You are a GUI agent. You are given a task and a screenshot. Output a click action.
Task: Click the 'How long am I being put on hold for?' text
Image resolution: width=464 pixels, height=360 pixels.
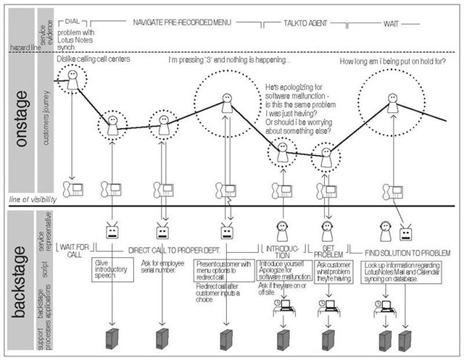pos(392,62)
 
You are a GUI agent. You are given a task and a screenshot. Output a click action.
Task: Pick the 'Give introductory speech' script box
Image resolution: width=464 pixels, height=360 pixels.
pos(109,269)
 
